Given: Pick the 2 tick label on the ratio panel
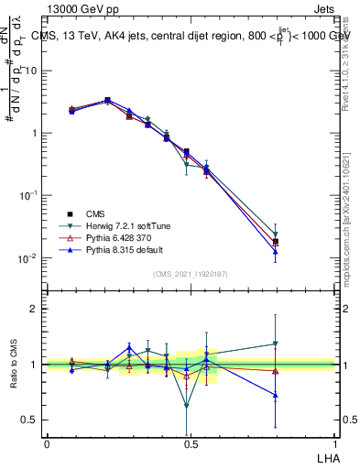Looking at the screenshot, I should point(36,309).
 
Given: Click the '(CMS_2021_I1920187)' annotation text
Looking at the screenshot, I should point(191,273).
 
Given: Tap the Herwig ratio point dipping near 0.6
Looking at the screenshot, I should point(187,406).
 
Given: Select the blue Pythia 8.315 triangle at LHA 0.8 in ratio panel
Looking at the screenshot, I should point(275,395).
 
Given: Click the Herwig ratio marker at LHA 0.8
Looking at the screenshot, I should point(275,344).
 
